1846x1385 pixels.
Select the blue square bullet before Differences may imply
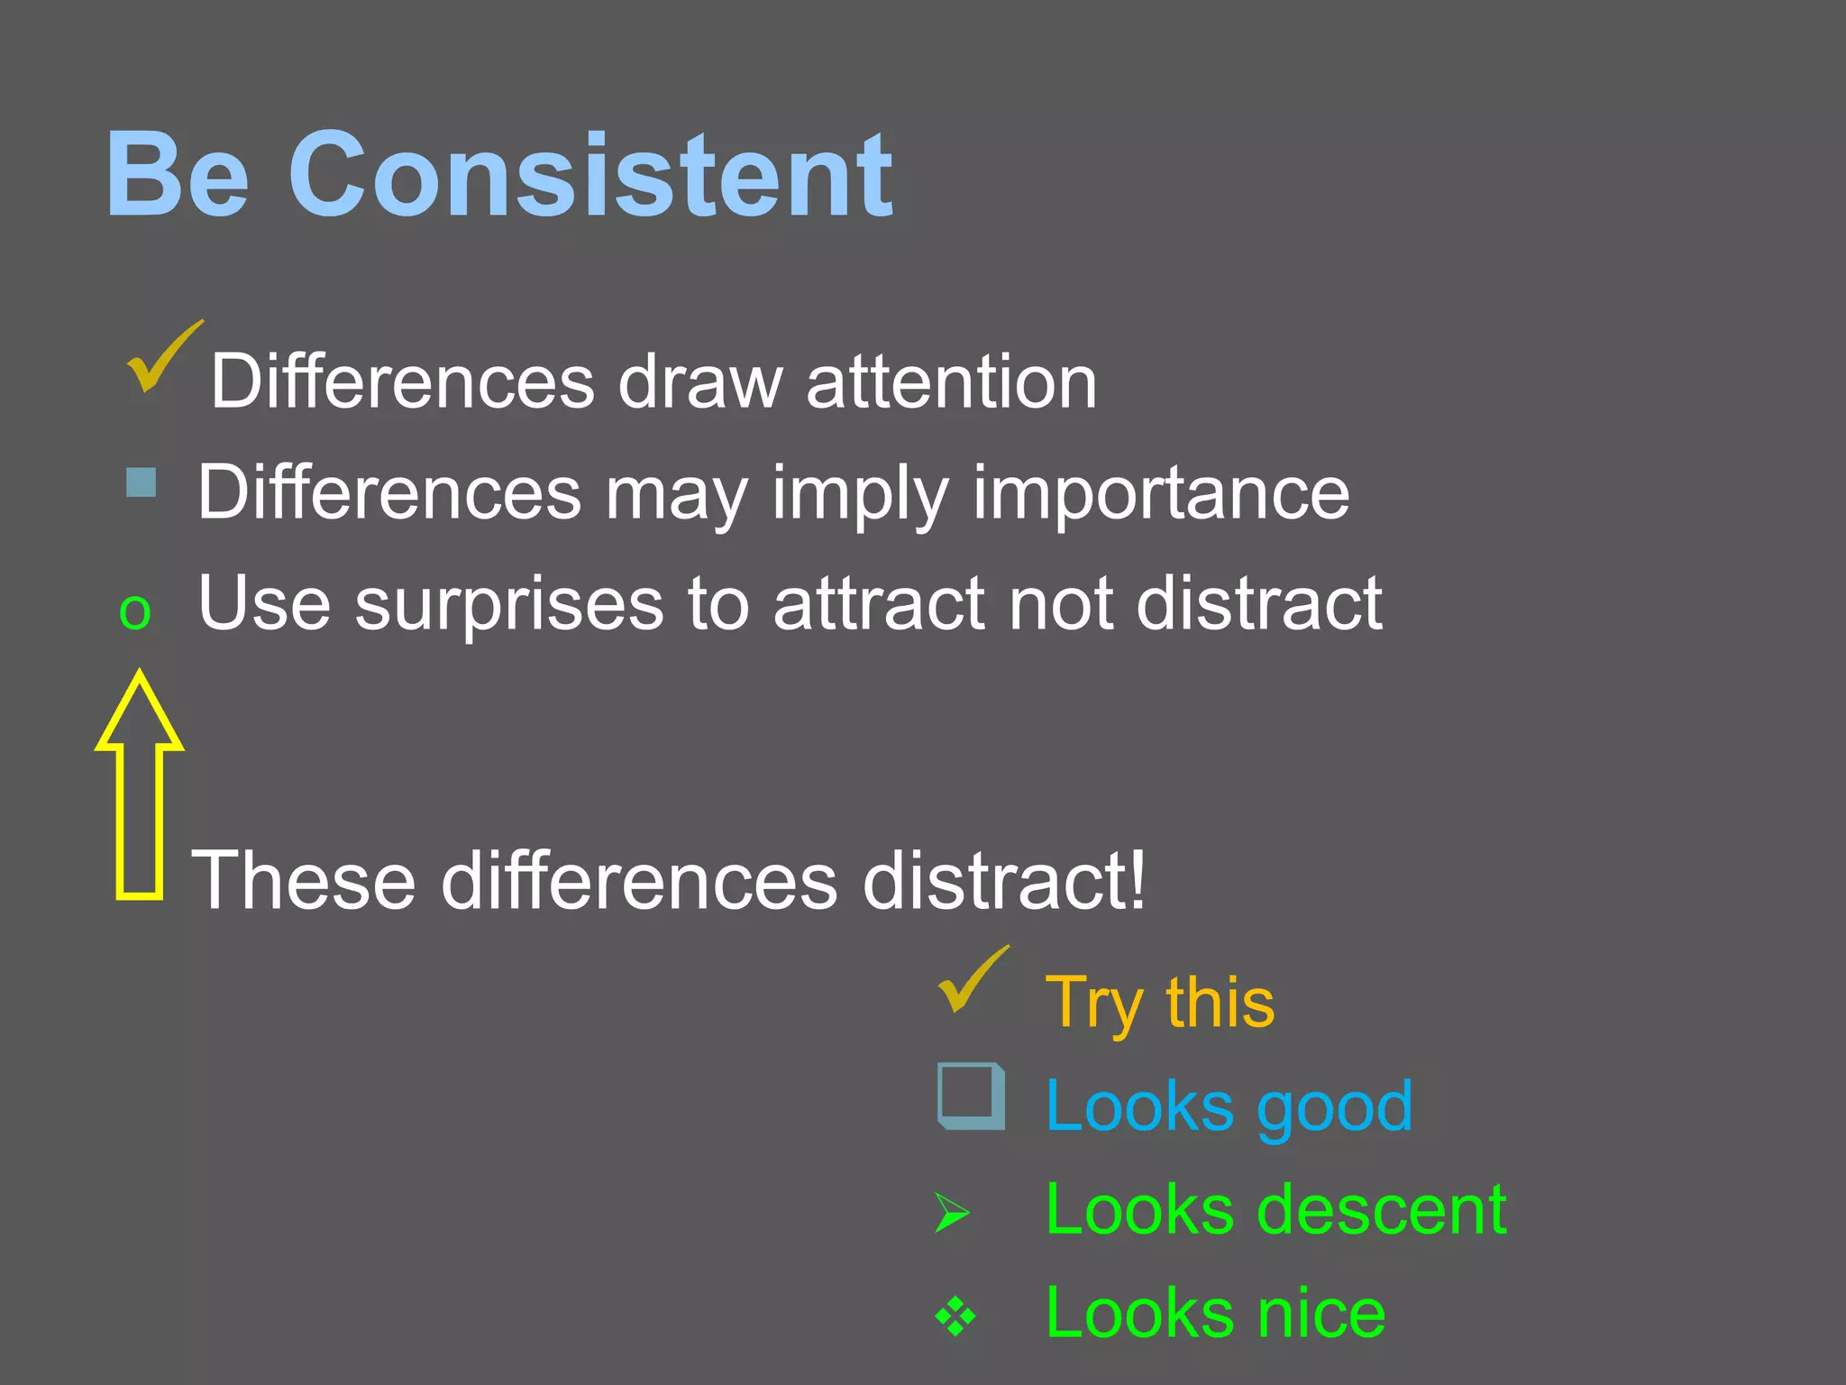pos(142,482)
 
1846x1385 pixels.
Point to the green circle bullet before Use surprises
pos(135,613)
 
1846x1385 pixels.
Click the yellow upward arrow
pos(140,784)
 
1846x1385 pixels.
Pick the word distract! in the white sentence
pos(1005,880)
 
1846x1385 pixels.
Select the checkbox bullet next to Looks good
pos(971,1096)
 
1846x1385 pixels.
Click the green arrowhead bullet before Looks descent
pos(952,1213)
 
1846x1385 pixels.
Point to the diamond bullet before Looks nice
pos(955,1316)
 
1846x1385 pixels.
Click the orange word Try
pos(1093,1003)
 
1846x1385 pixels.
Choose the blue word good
pos(1334,1107)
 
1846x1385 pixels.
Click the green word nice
pos(1321,1314)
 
